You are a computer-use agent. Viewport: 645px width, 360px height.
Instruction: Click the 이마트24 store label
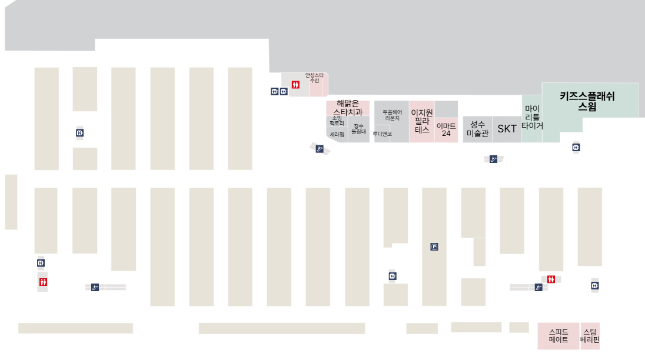446,129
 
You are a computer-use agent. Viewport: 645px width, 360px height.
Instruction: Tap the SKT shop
507,129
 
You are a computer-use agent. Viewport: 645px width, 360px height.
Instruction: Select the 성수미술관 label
477,129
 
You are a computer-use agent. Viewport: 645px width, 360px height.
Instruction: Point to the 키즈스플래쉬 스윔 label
587,101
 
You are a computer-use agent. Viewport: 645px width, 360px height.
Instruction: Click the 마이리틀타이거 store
532,117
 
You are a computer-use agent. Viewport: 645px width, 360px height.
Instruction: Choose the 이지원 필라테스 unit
422,121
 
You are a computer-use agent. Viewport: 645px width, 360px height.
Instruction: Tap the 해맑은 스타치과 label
348,107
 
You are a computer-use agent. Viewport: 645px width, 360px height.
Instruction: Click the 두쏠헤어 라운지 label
392,115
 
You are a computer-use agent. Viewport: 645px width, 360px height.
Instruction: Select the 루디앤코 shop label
382,134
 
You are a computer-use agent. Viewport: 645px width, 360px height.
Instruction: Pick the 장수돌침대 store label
358,129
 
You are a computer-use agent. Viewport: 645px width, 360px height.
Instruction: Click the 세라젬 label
337,135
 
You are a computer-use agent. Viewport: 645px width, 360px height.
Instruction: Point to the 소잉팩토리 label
336,121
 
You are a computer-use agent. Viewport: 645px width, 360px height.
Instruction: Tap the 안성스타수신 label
314,78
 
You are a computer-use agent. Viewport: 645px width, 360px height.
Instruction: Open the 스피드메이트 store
558,336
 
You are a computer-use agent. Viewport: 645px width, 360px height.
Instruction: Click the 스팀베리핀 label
590,336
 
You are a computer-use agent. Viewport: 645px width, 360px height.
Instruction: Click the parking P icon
434,247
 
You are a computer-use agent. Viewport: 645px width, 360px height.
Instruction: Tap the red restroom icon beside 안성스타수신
295,85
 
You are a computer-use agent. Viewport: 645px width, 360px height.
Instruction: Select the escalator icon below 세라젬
320,149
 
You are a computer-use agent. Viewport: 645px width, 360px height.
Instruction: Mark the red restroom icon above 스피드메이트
551,279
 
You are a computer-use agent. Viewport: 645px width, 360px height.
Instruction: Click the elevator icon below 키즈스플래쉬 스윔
576,147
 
